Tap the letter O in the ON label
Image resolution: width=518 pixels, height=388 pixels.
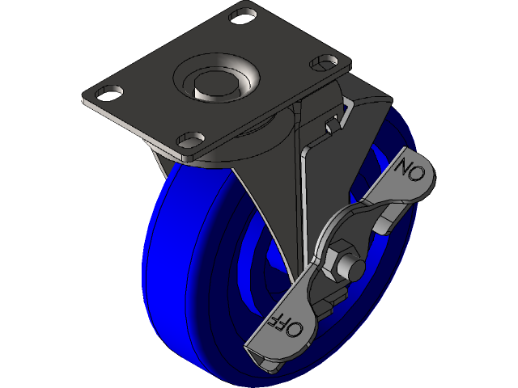402,167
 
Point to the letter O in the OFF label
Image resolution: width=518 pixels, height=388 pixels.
295,329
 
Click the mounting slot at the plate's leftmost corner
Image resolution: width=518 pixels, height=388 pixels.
106,92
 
